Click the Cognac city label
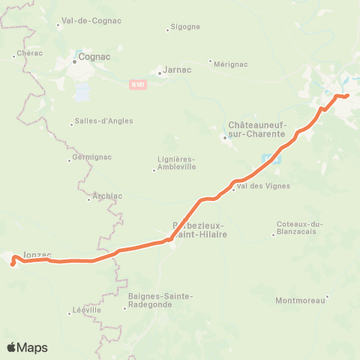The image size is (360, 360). pyautogui.click(x=93, y=56)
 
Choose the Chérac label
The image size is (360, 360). pyautogui.click(x=28, y=54)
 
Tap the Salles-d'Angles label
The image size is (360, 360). pyautogui.click(x=97, y=124)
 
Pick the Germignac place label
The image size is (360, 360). pyautogui.click(x=90, y=159)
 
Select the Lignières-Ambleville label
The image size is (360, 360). pyautogui.click(x=177, y=163)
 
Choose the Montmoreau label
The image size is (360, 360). pyautogui.click(x=300, y=301)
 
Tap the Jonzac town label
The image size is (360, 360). pyautogui.click(x=39, y=254)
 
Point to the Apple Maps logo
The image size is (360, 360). pyautogui.click(x=27, y=347)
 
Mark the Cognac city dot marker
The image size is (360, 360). pyautogui.click(x=76, y=61)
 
